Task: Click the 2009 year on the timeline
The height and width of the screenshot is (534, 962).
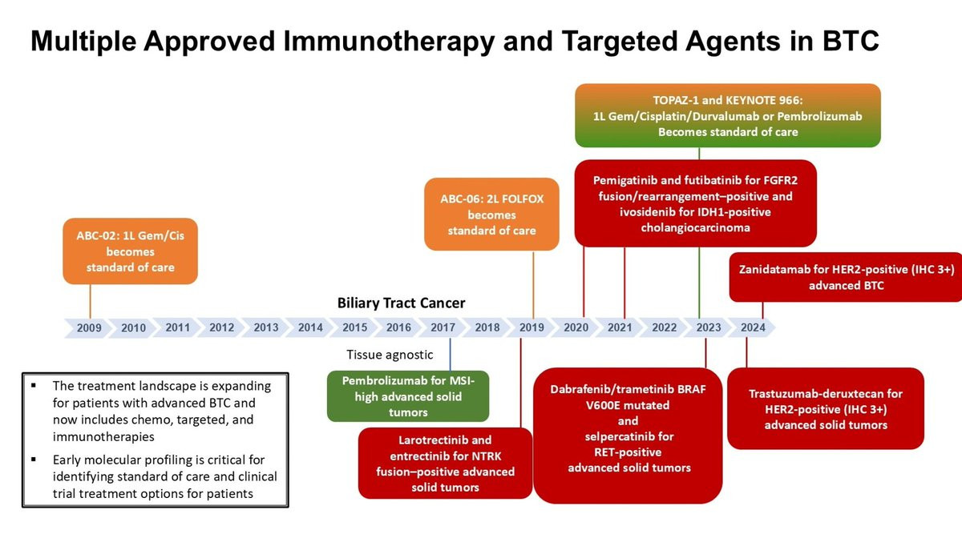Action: (89, 327)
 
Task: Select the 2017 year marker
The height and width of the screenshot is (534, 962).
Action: (443, 327)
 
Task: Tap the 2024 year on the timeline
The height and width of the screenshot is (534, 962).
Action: (753, 327)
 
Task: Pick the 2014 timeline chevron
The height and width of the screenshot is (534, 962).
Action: (310, 327)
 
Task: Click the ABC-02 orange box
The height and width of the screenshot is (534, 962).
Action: (130, 251)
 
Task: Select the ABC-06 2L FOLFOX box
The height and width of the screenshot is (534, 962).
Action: (491, 214)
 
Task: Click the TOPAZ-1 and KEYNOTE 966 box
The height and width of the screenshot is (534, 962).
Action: (727, 116)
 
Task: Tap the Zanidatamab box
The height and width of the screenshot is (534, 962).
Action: (846, 278)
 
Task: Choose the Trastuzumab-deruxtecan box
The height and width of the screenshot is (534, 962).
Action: (825, 408)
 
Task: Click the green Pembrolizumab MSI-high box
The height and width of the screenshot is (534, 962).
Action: (408, 395)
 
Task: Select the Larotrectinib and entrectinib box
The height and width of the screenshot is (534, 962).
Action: (445, 463)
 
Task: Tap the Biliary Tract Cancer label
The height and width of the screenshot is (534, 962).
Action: (401, 303)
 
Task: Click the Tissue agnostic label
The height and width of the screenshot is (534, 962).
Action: (390, 355)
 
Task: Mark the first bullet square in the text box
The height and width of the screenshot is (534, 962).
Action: (34, 386)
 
